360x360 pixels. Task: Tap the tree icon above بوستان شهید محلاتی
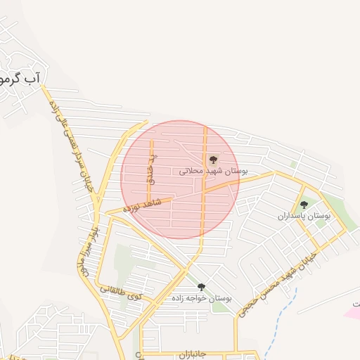pos(213,160)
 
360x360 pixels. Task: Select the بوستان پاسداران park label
pos(304,216)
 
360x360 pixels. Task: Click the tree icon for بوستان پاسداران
pos(304,205)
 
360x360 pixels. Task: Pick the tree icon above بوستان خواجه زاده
pos(202,286)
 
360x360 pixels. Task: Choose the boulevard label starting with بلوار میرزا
pos(85,250)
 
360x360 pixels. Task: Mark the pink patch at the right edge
pos(352,310)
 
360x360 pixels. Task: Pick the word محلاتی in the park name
pos(192,171)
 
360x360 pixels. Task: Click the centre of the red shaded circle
pos(180,179)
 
